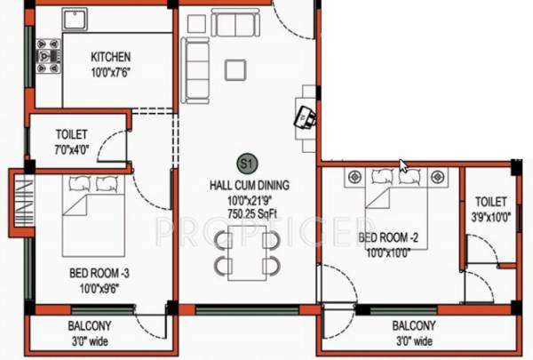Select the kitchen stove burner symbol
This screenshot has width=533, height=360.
pos(45,58)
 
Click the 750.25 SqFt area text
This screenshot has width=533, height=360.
pos(248,213)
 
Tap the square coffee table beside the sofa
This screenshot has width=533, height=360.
pos(235,69)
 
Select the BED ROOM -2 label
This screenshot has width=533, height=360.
pos(386,238)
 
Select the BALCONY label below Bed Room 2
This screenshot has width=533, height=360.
pos(414,326)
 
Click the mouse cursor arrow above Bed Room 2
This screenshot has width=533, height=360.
pos(404,165)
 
